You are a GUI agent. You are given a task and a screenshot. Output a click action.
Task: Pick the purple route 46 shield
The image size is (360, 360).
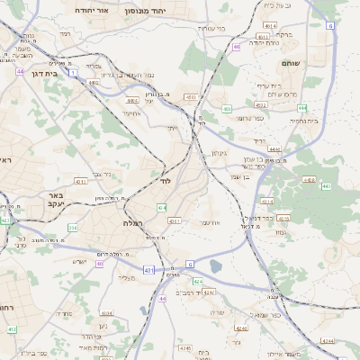coord(237,47)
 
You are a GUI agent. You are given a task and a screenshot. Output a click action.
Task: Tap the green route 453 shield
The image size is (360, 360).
coord(227,108)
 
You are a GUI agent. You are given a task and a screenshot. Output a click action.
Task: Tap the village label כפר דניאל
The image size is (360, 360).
coord(258,218)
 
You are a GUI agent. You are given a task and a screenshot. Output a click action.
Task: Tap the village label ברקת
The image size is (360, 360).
coord(284,34)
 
